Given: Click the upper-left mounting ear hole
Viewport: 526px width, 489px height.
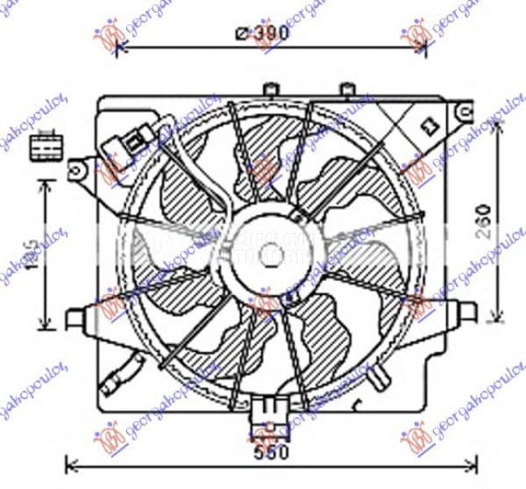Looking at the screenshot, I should tap(78, 169).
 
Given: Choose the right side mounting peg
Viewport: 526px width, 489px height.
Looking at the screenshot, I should tap(462, 309).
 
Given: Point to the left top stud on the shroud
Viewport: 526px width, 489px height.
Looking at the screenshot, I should tap(271, 87).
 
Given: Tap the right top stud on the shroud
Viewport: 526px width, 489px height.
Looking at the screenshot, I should tap(345, 88).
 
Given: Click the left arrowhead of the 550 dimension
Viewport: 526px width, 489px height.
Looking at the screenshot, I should tap(68, 466).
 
